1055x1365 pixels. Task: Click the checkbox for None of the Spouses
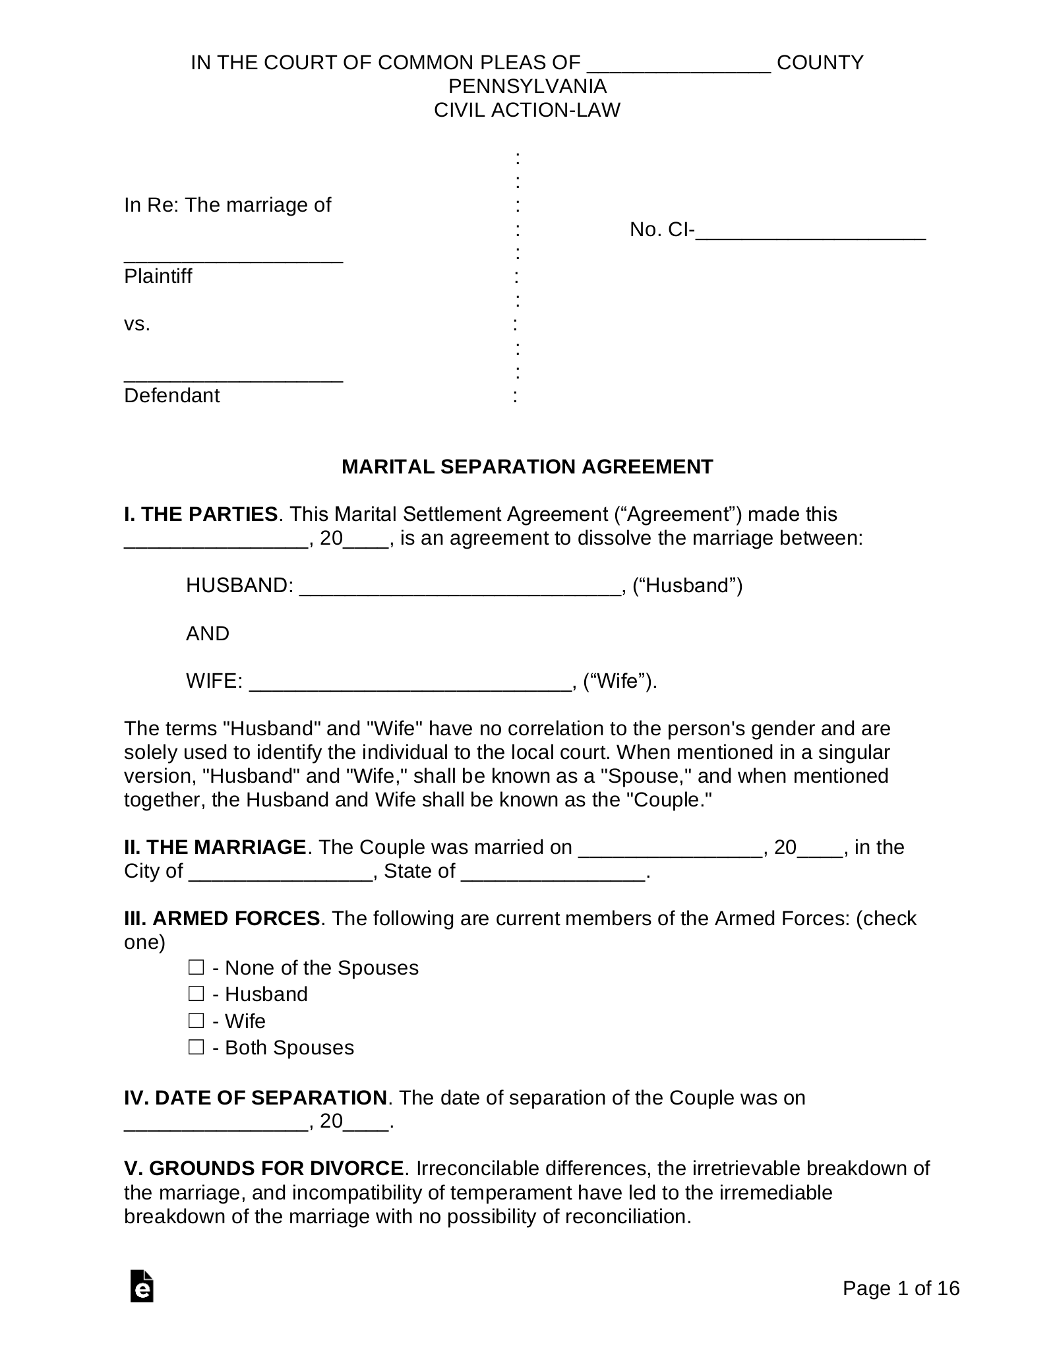tap(196, 967)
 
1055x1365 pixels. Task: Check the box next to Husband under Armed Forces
tap(196, 994)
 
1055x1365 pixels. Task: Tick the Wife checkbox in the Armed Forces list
tap(196, 1021)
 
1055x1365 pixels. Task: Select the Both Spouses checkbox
tap(196, 1047)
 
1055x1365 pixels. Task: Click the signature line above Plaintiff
tap(233, 258)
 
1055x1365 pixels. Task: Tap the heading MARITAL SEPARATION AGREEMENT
tap(527, 467)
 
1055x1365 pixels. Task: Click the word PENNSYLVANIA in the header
tap(527, 86)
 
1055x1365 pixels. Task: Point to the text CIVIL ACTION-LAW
tap(527, 110)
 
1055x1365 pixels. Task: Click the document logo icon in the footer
tap(142, 1285)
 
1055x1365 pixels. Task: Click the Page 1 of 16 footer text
tap(901, 1289)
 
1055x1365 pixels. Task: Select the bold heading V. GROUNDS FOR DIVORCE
tap(264, 1168)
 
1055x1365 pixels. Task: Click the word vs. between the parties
tap(137, 324)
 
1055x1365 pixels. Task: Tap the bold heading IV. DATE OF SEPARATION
tap(255, 1097)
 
